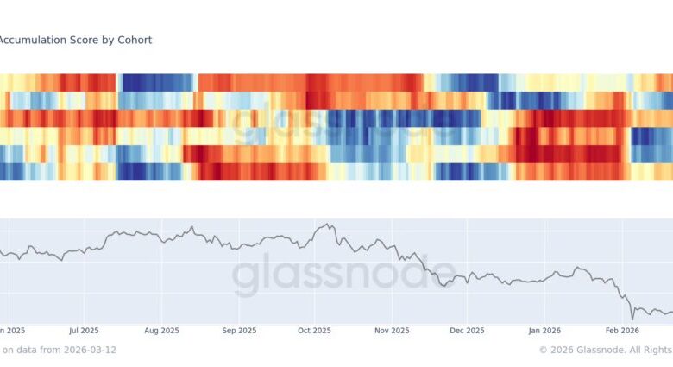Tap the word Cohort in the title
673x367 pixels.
point(135,40)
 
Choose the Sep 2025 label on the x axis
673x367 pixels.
point(239,330)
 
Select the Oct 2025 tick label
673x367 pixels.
point(315,330)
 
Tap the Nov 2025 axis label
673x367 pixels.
point(392,330)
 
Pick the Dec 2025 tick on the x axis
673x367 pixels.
point(467,330)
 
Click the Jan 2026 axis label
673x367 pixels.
point(545,330)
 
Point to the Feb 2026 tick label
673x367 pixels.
point(621,330)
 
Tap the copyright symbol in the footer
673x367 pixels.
point(544,350)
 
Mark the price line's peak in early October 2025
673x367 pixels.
point(325,225)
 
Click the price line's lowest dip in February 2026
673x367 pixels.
point(632,318)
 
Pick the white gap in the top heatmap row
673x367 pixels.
point(198,81)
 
